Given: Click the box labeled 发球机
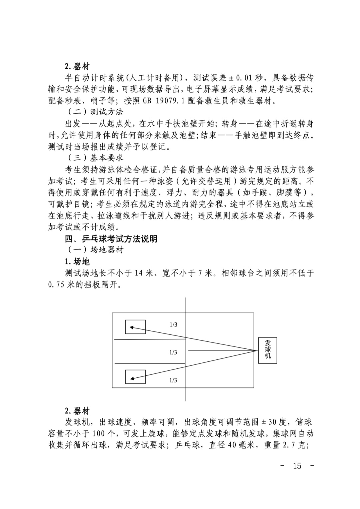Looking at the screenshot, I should pos(268,350).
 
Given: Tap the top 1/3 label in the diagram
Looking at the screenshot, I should pos(173,325).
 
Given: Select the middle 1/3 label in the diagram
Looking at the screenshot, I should pos(173,352).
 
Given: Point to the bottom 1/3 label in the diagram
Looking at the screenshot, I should pos(173,380).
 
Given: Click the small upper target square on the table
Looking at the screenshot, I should pos(135,327).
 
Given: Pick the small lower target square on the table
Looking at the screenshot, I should pos(135,377).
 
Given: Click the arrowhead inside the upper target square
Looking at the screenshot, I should pos(132,327).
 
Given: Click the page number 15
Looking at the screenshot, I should pos(297,465).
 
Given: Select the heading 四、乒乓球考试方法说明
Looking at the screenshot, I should pos(111,239).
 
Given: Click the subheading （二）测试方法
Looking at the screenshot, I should pos(95,112).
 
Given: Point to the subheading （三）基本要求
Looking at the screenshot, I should pos(95,158).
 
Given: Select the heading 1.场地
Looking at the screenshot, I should pos(77,261).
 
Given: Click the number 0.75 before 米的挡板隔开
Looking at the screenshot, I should pos(56,285).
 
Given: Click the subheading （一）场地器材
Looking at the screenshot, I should pos(95,250).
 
